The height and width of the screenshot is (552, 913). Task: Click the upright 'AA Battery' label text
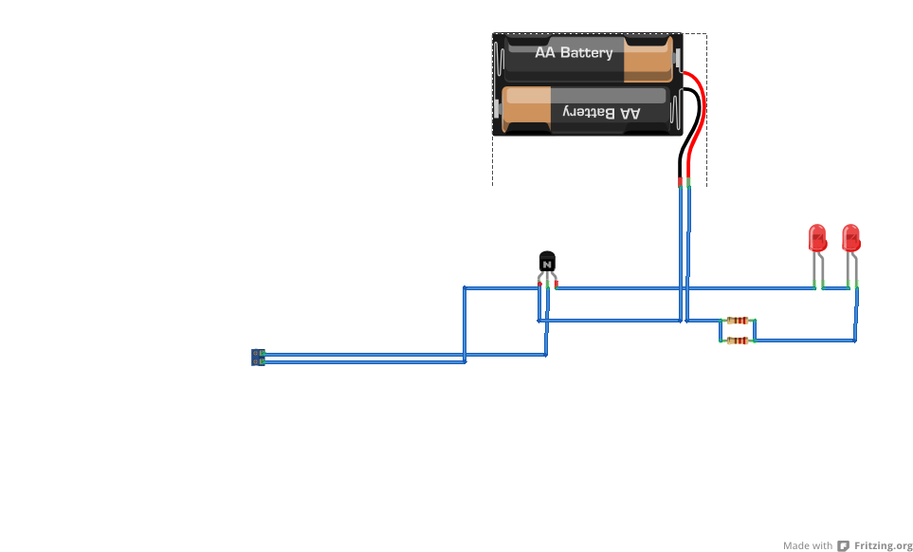pos(574,53)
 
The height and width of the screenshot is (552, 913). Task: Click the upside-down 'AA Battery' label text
pos(601,112)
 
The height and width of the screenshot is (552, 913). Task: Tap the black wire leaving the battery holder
pos(689,132)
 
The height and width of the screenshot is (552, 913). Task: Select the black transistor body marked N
pos(547,262)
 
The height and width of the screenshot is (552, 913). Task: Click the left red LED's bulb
pos(817,237)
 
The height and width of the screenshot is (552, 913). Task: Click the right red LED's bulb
pos(850,237)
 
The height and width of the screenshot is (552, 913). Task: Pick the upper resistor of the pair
pos(738,321)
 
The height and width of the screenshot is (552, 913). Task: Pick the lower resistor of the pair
pos(738,340)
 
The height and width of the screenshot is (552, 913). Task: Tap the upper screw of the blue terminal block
pos(256,354)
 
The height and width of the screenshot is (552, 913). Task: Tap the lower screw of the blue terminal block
pos(256,361)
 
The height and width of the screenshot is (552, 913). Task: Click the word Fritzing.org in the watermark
pos(883,545)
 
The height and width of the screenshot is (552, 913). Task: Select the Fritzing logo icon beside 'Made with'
pos(843,545)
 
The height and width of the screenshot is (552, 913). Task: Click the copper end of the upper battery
pos(648,59)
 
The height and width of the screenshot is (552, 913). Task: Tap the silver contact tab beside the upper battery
pos(677,58)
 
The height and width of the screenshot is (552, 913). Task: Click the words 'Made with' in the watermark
pos(808,545)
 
